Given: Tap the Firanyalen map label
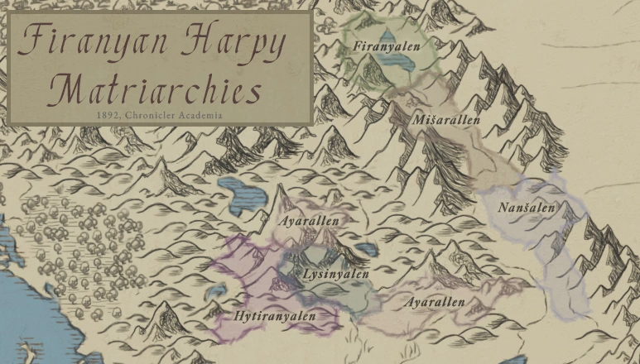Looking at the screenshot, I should pyautogui.click(x=386, y=46).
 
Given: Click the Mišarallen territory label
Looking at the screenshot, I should pyautogui.click(x=446, y=120).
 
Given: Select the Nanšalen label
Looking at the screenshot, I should pyautogui.click(x=526, y=208).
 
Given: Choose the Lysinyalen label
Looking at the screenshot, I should pyautogui.click(x=336, y=273).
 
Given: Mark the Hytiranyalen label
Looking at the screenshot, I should pyautogui.click(x=275, y=315).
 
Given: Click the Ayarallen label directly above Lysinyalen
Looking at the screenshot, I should pyautogui.click(x=309, y=222).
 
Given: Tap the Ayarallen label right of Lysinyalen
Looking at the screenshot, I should pyautogui.click(x=435, y=302).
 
